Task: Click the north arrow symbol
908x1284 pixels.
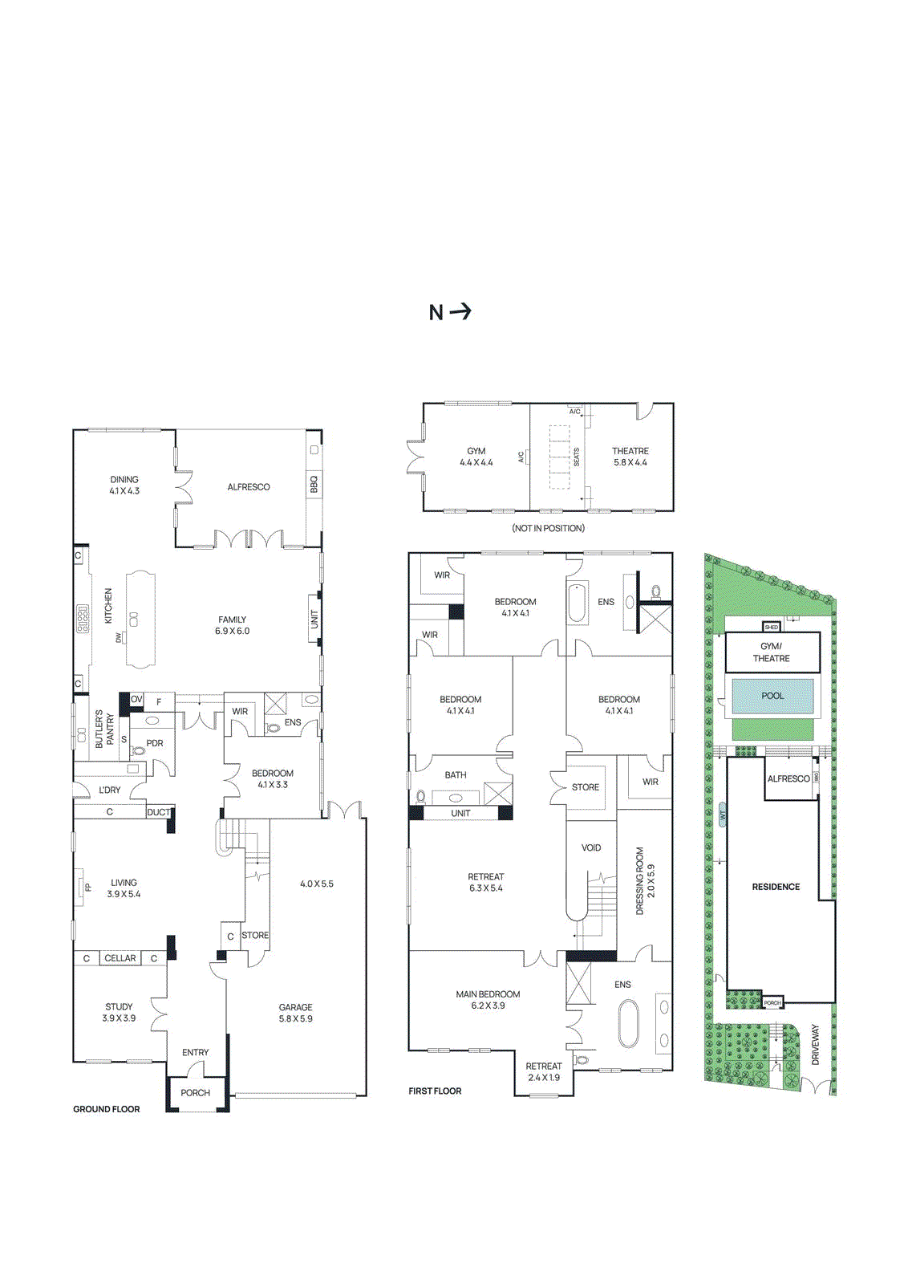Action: (451, 312)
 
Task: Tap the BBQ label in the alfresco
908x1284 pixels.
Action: (314, 485)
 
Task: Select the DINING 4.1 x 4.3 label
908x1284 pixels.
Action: (124, 485)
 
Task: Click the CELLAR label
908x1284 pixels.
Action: (120, 958)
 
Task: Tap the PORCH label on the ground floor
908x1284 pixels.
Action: (195, 1093)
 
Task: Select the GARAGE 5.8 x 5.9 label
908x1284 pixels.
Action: (296, 1013)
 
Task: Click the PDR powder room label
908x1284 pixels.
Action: (155, 743)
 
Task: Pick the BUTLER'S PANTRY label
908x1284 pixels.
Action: (104, 729)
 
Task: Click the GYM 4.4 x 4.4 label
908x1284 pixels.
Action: (476, 457)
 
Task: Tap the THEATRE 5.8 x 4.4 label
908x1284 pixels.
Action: (630, 457)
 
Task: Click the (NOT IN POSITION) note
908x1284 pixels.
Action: (549, 528)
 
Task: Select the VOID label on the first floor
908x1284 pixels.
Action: (591, 847)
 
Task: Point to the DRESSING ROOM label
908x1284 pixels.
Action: (645, 880)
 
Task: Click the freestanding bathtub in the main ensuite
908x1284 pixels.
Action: (628, 1023)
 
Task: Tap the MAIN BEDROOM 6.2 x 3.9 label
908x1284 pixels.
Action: (488, 999)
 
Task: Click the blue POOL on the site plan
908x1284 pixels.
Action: (772, 697)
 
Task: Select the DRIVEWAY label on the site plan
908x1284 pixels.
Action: (816, 1044)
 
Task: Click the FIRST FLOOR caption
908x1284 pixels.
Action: (435, 1091)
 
